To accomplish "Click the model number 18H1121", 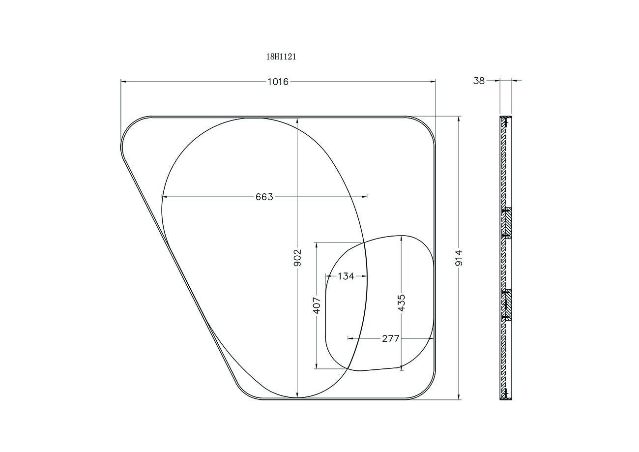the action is [281, 57].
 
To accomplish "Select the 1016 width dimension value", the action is [278, 82].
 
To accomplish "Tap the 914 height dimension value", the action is [459, 258].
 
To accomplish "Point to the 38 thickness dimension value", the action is [479, 81].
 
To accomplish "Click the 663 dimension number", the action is [264, 197].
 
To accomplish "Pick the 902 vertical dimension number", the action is [297, 258].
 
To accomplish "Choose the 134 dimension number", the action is [346, 276].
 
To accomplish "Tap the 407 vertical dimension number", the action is [317, 305].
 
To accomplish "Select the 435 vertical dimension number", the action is [402, 303].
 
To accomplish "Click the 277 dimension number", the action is [391, 339].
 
